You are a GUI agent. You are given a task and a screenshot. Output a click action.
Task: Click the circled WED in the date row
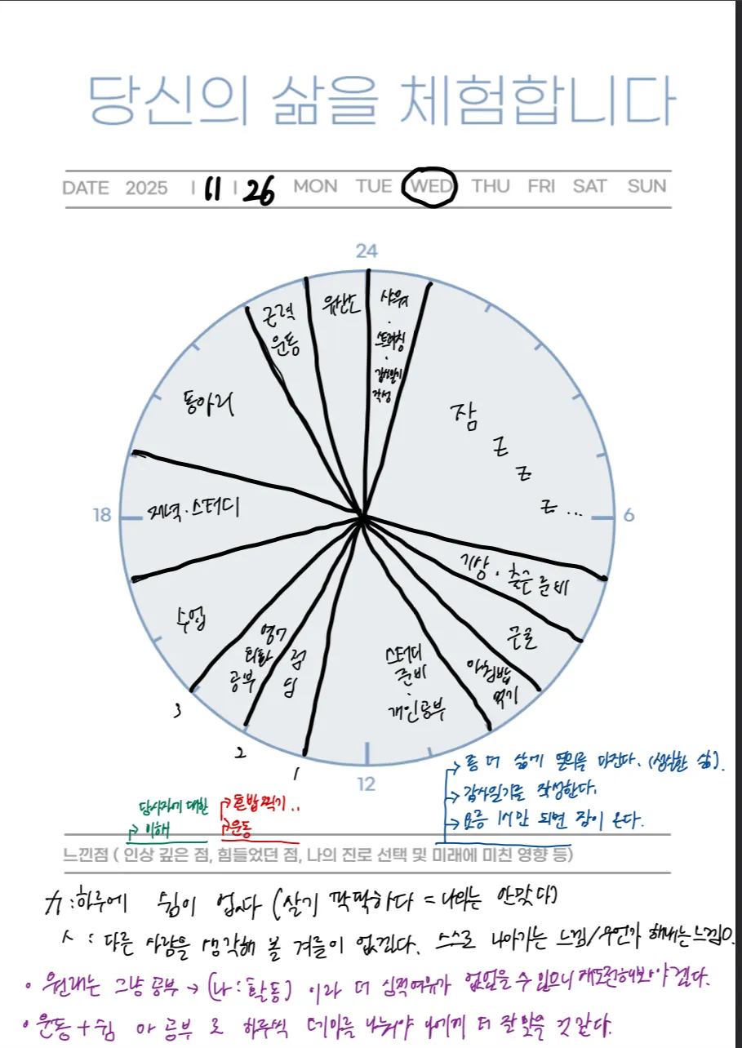point(430,186)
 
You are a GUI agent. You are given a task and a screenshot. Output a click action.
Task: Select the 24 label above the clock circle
point(367,251)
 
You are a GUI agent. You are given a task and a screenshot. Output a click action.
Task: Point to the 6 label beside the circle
point(629,515)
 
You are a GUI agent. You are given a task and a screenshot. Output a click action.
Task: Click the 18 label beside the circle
point(102,515)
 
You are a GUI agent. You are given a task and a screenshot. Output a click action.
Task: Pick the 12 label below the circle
point(367,784)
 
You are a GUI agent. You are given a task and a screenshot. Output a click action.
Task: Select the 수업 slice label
point(189,617)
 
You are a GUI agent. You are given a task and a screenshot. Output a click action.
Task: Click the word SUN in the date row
point(646,186)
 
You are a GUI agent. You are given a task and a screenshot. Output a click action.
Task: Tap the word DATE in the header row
point(85,188)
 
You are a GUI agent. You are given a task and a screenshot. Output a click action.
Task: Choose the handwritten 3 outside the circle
point(177,712)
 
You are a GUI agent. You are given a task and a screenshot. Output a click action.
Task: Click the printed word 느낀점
point(84,855)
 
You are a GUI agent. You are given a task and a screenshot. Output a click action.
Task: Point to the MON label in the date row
point(315,186)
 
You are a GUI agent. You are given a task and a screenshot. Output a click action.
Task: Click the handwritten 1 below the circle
point(295,771)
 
